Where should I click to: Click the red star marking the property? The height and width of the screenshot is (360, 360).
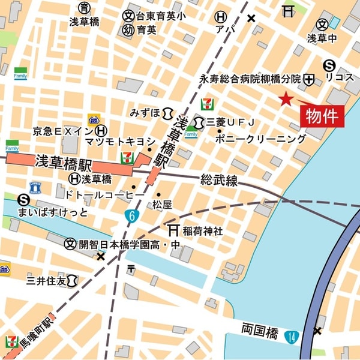click(286, 99)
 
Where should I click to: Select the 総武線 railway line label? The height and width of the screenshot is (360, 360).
click(219, 179)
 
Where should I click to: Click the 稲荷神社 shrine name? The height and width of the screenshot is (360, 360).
click(203, 230)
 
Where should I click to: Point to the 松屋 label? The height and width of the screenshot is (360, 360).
click(162, 205)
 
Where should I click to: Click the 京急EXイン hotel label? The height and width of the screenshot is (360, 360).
click(63, 130)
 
